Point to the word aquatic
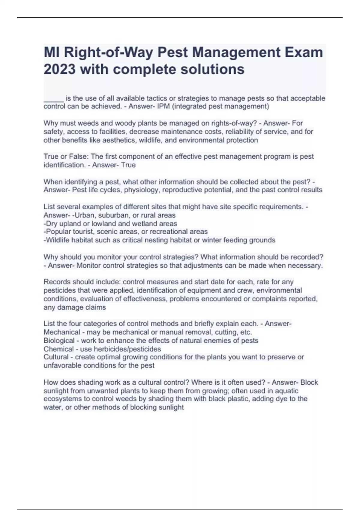pos(286,391)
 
